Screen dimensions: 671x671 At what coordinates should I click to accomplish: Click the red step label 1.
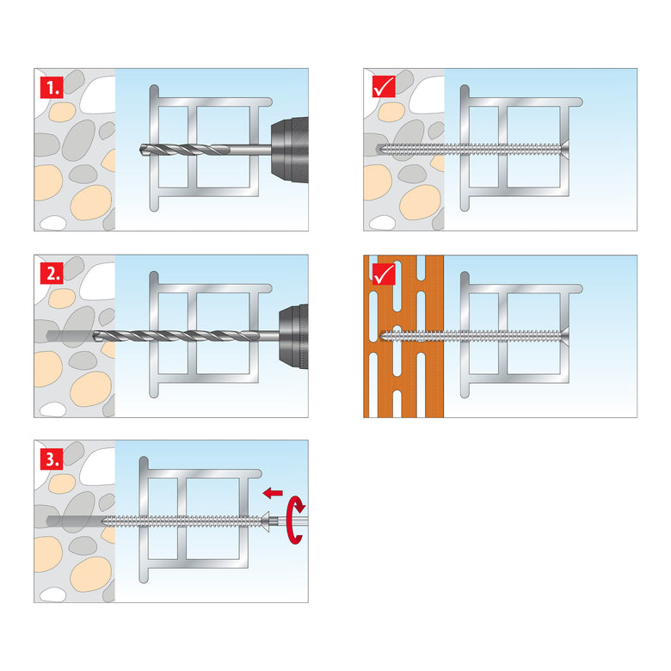(x=52, y=88)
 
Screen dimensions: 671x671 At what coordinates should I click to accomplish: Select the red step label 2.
(x=52, y=273)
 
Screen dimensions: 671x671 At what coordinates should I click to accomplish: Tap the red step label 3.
(x=52, y=459)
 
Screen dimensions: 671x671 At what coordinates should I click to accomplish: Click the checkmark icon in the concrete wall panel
(x=384, y=87)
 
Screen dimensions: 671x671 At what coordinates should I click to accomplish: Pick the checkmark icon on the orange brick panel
(x=384, y=274)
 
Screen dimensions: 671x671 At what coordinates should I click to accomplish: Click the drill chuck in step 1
(x=290, y=150)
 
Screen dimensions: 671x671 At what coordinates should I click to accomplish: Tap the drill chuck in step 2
(x=293, y=336)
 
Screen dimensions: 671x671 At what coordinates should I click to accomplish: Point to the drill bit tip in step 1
(x=141, y=150)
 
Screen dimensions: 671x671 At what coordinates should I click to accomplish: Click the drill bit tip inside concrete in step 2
(x=95, y=335)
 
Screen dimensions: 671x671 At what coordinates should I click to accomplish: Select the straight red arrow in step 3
(x=273, y=493)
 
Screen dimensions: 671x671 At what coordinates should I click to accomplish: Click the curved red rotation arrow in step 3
(x=296, y=520)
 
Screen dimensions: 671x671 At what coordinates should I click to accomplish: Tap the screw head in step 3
(x=266, y=521)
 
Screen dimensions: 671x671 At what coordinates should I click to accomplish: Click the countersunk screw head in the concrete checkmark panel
(x=565, y=150)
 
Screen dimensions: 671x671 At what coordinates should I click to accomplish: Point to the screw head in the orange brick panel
(x=565, y=336)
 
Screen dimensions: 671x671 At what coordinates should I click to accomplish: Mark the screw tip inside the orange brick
(x=383, y=336)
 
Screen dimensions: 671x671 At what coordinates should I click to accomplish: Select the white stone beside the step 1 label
(x=97, y=95)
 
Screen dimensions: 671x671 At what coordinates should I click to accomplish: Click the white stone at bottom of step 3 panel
(x=52, y=594)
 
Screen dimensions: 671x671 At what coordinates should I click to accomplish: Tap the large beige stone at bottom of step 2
(x=90, y=389)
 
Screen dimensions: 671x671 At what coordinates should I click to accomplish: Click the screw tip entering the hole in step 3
(x=105, y=521)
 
